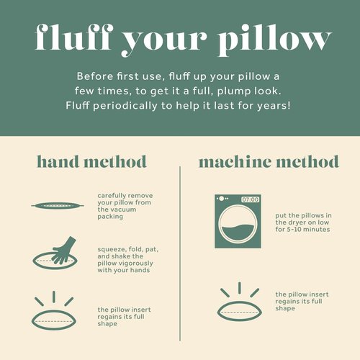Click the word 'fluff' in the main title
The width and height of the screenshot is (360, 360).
coord(74,37)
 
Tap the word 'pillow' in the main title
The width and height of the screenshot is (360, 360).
coord(275,40)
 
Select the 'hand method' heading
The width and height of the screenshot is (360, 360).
coord(91,161)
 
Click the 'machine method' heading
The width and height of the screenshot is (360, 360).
coord(269,161)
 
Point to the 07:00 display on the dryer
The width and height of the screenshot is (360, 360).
coord(250,199)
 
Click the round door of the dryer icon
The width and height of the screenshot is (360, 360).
coord(237,224)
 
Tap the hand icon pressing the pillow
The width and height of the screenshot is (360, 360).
coord(64,251)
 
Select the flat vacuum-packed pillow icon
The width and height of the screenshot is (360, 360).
coord(58,206)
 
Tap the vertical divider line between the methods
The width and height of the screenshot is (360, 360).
coord(180,253)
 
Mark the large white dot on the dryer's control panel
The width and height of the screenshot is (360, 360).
coord(222,199)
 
